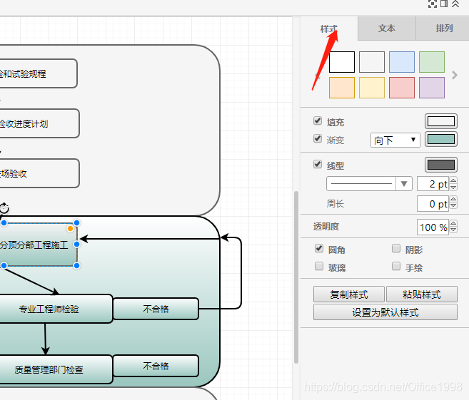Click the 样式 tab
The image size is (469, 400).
point(329,29)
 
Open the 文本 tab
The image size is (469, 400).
point(387,29)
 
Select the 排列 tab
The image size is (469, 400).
point(444,29)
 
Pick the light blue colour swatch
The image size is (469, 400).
point(402,62)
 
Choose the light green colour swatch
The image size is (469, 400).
point(432,62)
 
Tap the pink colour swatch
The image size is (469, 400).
point(402,88)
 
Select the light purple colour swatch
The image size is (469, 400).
point(432,88)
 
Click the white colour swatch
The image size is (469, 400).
point(342,62)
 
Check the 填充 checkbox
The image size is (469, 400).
point(318,122)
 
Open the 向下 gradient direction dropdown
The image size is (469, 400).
point(395,140)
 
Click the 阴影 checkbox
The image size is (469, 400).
point(396,249)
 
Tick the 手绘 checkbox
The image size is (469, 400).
point(396,267)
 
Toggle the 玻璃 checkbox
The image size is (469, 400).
point(319,267)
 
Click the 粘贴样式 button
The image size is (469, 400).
point(421,294)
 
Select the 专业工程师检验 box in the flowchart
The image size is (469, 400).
point(50,309)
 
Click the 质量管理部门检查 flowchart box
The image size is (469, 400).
point(50,369)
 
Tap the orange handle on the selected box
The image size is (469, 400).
point(70,228)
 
